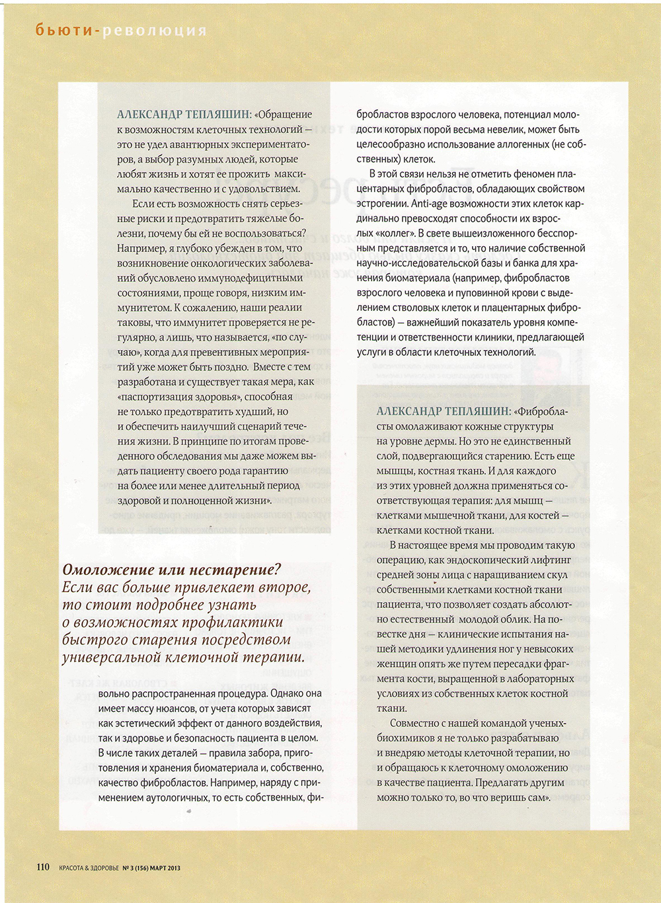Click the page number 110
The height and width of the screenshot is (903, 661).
(42, 867)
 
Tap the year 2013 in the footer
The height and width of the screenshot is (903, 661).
(174, 868)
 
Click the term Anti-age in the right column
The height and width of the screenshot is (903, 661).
(430, 204)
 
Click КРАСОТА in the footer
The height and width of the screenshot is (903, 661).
(73, 868)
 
